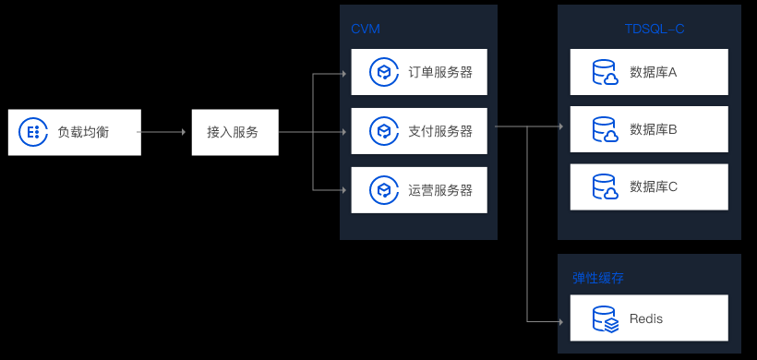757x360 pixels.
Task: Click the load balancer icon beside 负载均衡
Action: (33, 132)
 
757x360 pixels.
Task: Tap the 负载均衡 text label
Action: (83, 132)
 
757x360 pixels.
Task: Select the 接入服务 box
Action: (235, 132)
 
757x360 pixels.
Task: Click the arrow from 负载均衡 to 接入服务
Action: (162, 132)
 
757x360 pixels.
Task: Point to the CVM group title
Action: (366, 29)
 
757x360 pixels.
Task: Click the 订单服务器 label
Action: (440, 72)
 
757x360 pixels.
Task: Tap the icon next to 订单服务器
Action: (384, 72)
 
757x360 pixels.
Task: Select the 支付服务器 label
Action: (440, 131)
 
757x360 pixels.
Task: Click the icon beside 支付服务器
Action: (384, 131)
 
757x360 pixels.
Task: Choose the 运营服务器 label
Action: (440, 190)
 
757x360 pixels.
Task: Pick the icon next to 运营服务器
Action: (384, 190)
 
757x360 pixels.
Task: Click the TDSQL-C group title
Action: (655, 29)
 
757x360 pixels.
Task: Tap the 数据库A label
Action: (654, 72)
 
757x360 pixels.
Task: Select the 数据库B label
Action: (654, 129)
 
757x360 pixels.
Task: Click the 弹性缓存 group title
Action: (598, 279)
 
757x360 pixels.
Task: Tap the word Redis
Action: (646, 319)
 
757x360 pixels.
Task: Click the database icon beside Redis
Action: (606, 319)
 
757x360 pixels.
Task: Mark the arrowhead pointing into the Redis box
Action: (561, 321)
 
